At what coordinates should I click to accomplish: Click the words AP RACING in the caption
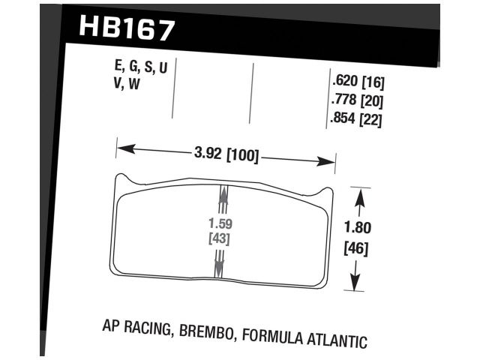136,328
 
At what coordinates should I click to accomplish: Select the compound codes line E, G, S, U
137,68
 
